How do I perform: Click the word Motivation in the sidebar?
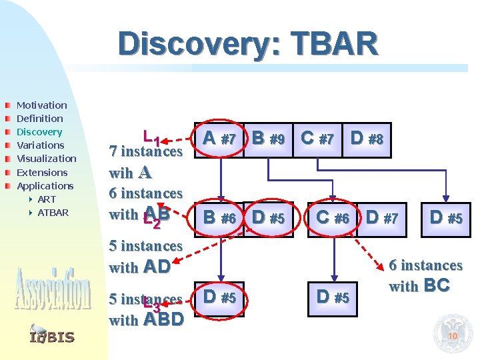click(x=41, y=105)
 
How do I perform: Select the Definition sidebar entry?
click(x=39, y=119)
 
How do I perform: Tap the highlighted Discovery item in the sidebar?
click(x=39, y=132)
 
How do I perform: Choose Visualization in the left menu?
click(x=46, y=159)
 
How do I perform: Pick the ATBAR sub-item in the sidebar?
click(x=53, y=213)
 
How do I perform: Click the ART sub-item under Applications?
click(x=47, y=199)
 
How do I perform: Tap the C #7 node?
click(x=317, y=139)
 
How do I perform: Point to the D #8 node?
click(x=366, y=139)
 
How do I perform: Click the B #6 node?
click(x=219, y=218)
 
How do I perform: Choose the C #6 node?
click(x=332, y=218)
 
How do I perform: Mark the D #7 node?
click(x=382, y=218)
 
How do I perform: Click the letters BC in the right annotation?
click(x=437, y=287)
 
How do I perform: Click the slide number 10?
click(x=453, y=336)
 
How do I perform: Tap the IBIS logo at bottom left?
click(x=51, y=337)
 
